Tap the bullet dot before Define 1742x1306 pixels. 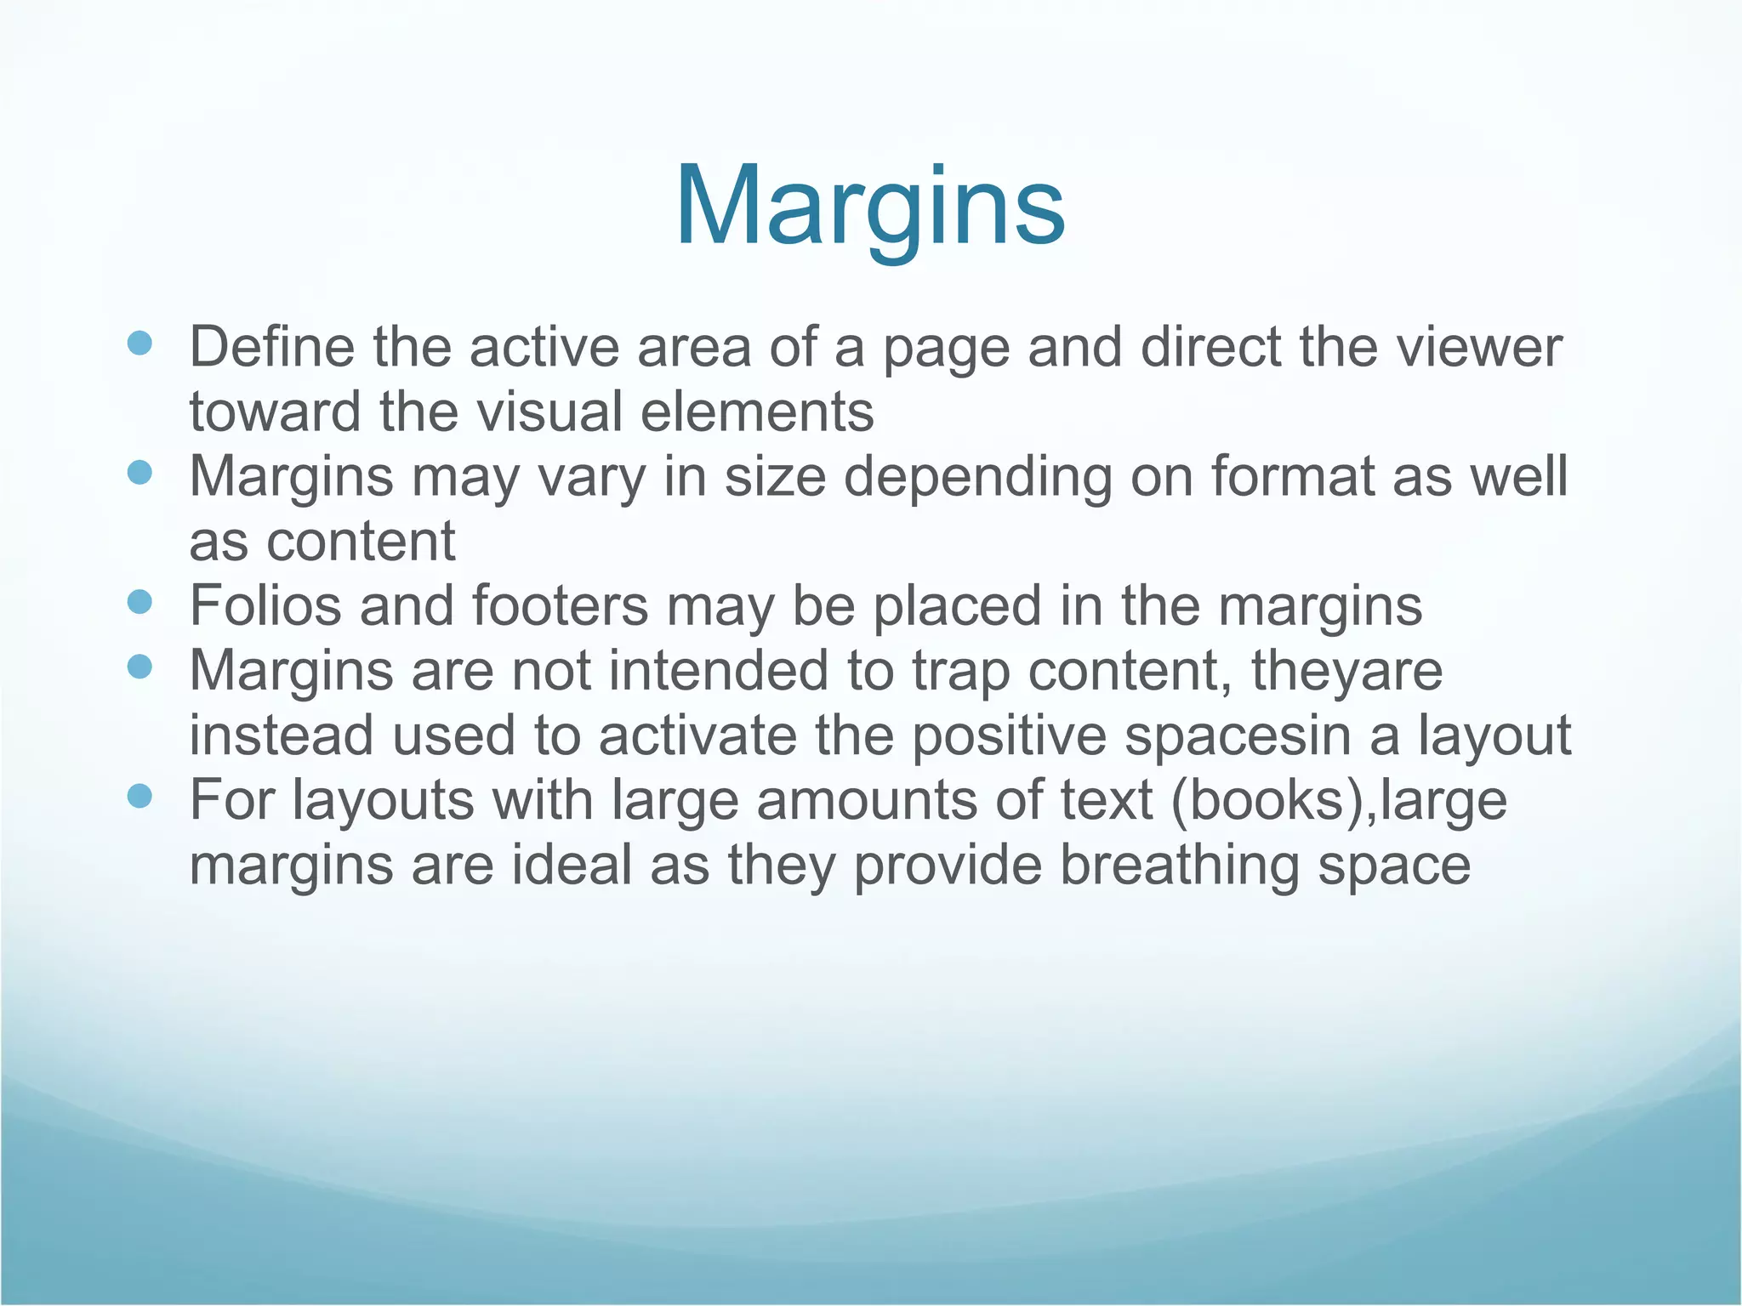pyautogui.click(x=139, y=344)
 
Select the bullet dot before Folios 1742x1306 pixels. pyautogui.click(x=139, y=603)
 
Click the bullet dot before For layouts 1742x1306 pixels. pyautogui.click(x=139, y=797)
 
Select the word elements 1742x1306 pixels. pyautogui.click(x=756, y=412)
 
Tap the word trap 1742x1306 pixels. pyautogui.click(x=961, y=671)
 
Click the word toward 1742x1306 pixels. pyautogui.click(x=276, y=412)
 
